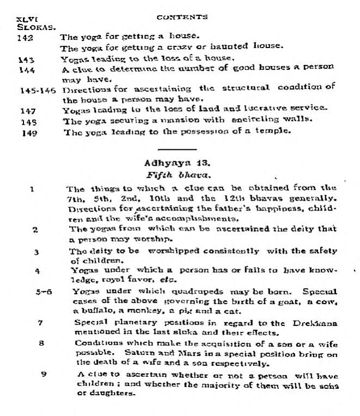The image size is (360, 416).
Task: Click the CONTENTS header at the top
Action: (181, 17)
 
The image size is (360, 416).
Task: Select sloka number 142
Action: (25, 38)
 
